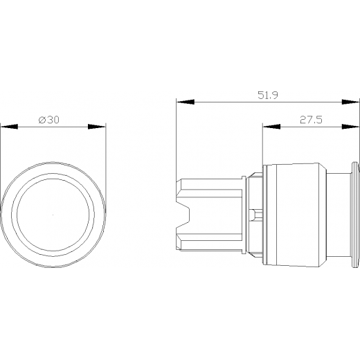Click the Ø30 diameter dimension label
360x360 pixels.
pyautogui.click(x=49, y=120)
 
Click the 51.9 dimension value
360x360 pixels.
pyautogui.click(x=268, y=95)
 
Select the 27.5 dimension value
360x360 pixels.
pyautogui.click(x=311, y=120)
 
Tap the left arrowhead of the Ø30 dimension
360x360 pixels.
pyautogui.click(x=9, y=127)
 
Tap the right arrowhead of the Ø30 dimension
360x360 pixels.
pyautogui.click(x=97, y=127)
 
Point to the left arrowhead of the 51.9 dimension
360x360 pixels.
pyautogui.click(x=186, y=102)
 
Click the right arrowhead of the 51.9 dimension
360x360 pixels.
pyautogui.click(x=351, y=102)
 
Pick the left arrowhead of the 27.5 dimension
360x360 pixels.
pyautogui.click(x=272, y=127)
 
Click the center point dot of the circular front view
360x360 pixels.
pyautogui.click(x=53, y=215)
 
